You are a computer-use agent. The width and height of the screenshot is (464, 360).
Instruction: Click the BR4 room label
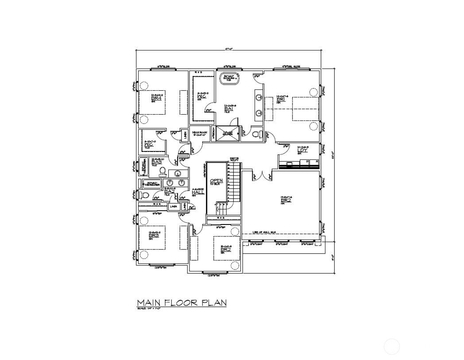point(156,98)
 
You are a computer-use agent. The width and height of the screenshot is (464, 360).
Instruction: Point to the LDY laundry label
point(302,150)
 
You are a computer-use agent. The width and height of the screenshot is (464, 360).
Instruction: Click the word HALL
point(198,192)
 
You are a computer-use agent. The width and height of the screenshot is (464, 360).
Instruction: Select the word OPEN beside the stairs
point(216,181)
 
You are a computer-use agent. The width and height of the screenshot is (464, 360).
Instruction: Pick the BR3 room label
point(154,236)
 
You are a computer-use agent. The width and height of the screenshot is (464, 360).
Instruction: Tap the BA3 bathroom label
point(156,163)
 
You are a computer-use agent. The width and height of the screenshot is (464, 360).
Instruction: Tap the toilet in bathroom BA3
point(162,171)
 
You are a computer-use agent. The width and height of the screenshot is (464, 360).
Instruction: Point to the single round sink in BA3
point(178,173)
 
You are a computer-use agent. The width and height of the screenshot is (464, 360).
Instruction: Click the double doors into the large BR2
point(263,176)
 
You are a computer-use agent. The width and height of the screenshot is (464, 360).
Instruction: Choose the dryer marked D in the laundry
point(307,162)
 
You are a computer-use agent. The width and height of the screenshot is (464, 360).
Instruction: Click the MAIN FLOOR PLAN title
point(182,303)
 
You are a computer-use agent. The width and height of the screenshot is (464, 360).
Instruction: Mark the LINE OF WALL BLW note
point(264,232)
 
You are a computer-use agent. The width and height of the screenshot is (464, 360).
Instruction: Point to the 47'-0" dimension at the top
point(228,49)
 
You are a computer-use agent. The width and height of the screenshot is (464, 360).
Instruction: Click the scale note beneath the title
point(148,308)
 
